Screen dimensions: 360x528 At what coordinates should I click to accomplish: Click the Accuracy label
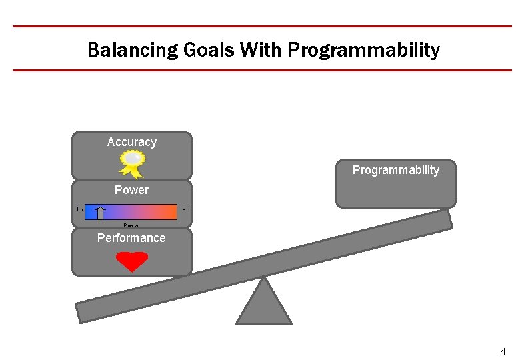tap(132, 142)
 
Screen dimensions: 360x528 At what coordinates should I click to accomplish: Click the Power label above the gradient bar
tap(132, 190)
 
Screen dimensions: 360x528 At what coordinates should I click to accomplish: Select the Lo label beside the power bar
tap(80, 210)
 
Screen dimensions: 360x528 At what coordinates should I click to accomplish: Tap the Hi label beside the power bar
tap(185, 210)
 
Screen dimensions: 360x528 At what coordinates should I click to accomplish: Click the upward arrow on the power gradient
tap(100, 213)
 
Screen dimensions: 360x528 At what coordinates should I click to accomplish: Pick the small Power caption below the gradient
tap(131, 225)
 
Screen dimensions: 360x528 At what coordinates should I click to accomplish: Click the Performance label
tap(132, 238)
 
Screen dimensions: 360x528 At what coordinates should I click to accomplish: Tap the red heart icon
tap(132, 261)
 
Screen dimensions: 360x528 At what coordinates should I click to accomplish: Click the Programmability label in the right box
tap(396, 170)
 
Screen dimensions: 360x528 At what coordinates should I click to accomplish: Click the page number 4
tap(503, 351)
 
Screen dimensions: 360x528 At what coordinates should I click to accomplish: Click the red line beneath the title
tap(263, 70)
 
